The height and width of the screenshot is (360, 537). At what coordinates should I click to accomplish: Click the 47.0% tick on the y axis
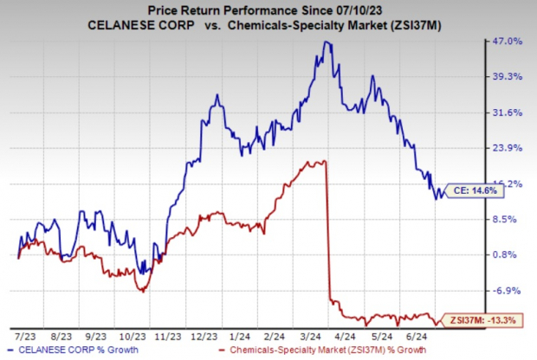(x=508, y=42)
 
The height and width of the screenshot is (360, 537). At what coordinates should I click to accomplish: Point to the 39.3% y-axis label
(x=508, y=77)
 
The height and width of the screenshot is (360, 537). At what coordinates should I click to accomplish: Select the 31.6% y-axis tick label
(x=508, y=112)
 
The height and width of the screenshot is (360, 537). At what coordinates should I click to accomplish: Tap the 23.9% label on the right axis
(x=508, y=148)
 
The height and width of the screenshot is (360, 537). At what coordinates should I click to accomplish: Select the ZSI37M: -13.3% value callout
(x=476, y=322)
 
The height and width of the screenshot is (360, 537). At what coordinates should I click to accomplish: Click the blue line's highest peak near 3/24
(x=326, y=42)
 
